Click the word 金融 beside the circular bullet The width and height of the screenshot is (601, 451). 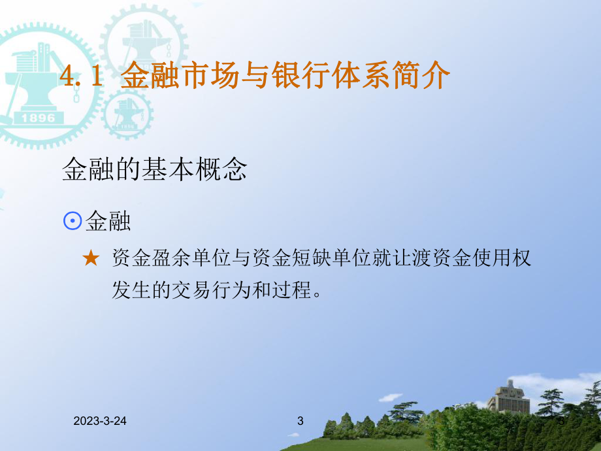(108, 222)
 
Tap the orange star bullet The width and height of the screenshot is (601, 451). (91, 259)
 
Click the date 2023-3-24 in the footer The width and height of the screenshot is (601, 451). (100, 422)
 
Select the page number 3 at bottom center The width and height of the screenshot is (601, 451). (300, 422)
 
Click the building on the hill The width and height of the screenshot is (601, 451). (510, 397)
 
